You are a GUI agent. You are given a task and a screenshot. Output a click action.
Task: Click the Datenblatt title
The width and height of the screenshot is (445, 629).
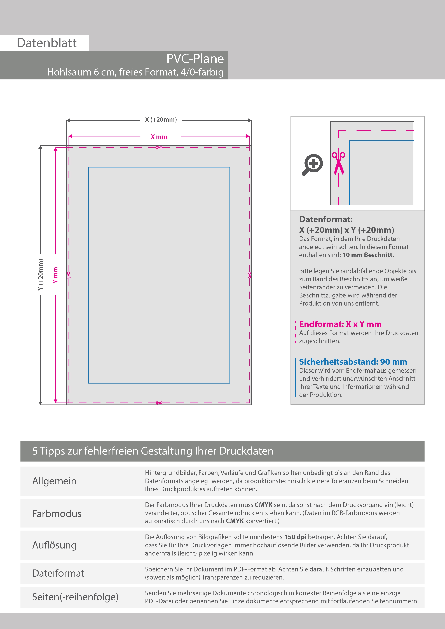[x=47, y=43]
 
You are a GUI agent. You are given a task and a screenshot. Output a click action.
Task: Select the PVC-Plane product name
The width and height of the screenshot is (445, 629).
[x=195, y=59]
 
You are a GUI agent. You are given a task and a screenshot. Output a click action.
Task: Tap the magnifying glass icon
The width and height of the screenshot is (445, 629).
[x=312, y=164]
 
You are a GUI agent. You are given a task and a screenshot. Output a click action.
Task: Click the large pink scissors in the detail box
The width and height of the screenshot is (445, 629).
[x=339, y=163]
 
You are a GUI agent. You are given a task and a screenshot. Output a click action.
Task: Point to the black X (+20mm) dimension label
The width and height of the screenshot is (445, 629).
[x=161, y=120]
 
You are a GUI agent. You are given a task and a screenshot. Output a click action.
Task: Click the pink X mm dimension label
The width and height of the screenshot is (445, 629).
[x=159, y=137]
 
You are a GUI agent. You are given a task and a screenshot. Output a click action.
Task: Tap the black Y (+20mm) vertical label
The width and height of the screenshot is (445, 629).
[x=41, y=275]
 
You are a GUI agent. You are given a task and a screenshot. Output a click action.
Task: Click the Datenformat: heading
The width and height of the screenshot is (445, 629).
[x=326, y=219]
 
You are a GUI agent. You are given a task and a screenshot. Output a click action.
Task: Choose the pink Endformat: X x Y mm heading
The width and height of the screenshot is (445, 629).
[x=340, y=324]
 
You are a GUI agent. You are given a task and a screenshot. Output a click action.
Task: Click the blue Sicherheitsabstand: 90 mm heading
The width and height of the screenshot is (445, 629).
[x=353, y=362]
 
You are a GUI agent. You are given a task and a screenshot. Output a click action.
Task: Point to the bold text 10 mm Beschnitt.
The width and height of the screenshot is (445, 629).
[x=368, y=255]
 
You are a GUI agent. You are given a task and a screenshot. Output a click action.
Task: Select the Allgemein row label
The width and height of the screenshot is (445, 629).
[x=54, y=481]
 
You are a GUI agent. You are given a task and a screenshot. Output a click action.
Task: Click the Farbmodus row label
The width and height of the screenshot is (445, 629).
[x=57, y=514]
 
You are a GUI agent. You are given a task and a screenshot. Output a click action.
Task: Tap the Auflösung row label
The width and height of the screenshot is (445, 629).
[x=54, y=545]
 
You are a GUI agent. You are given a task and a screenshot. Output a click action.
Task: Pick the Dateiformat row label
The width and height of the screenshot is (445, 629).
[x=58, y=573]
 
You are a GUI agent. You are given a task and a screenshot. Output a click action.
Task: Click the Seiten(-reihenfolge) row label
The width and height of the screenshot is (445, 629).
[x=75, y=597]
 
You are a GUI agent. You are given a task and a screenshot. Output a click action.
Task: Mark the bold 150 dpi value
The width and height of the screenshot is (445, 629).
[x=295, y=537]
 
